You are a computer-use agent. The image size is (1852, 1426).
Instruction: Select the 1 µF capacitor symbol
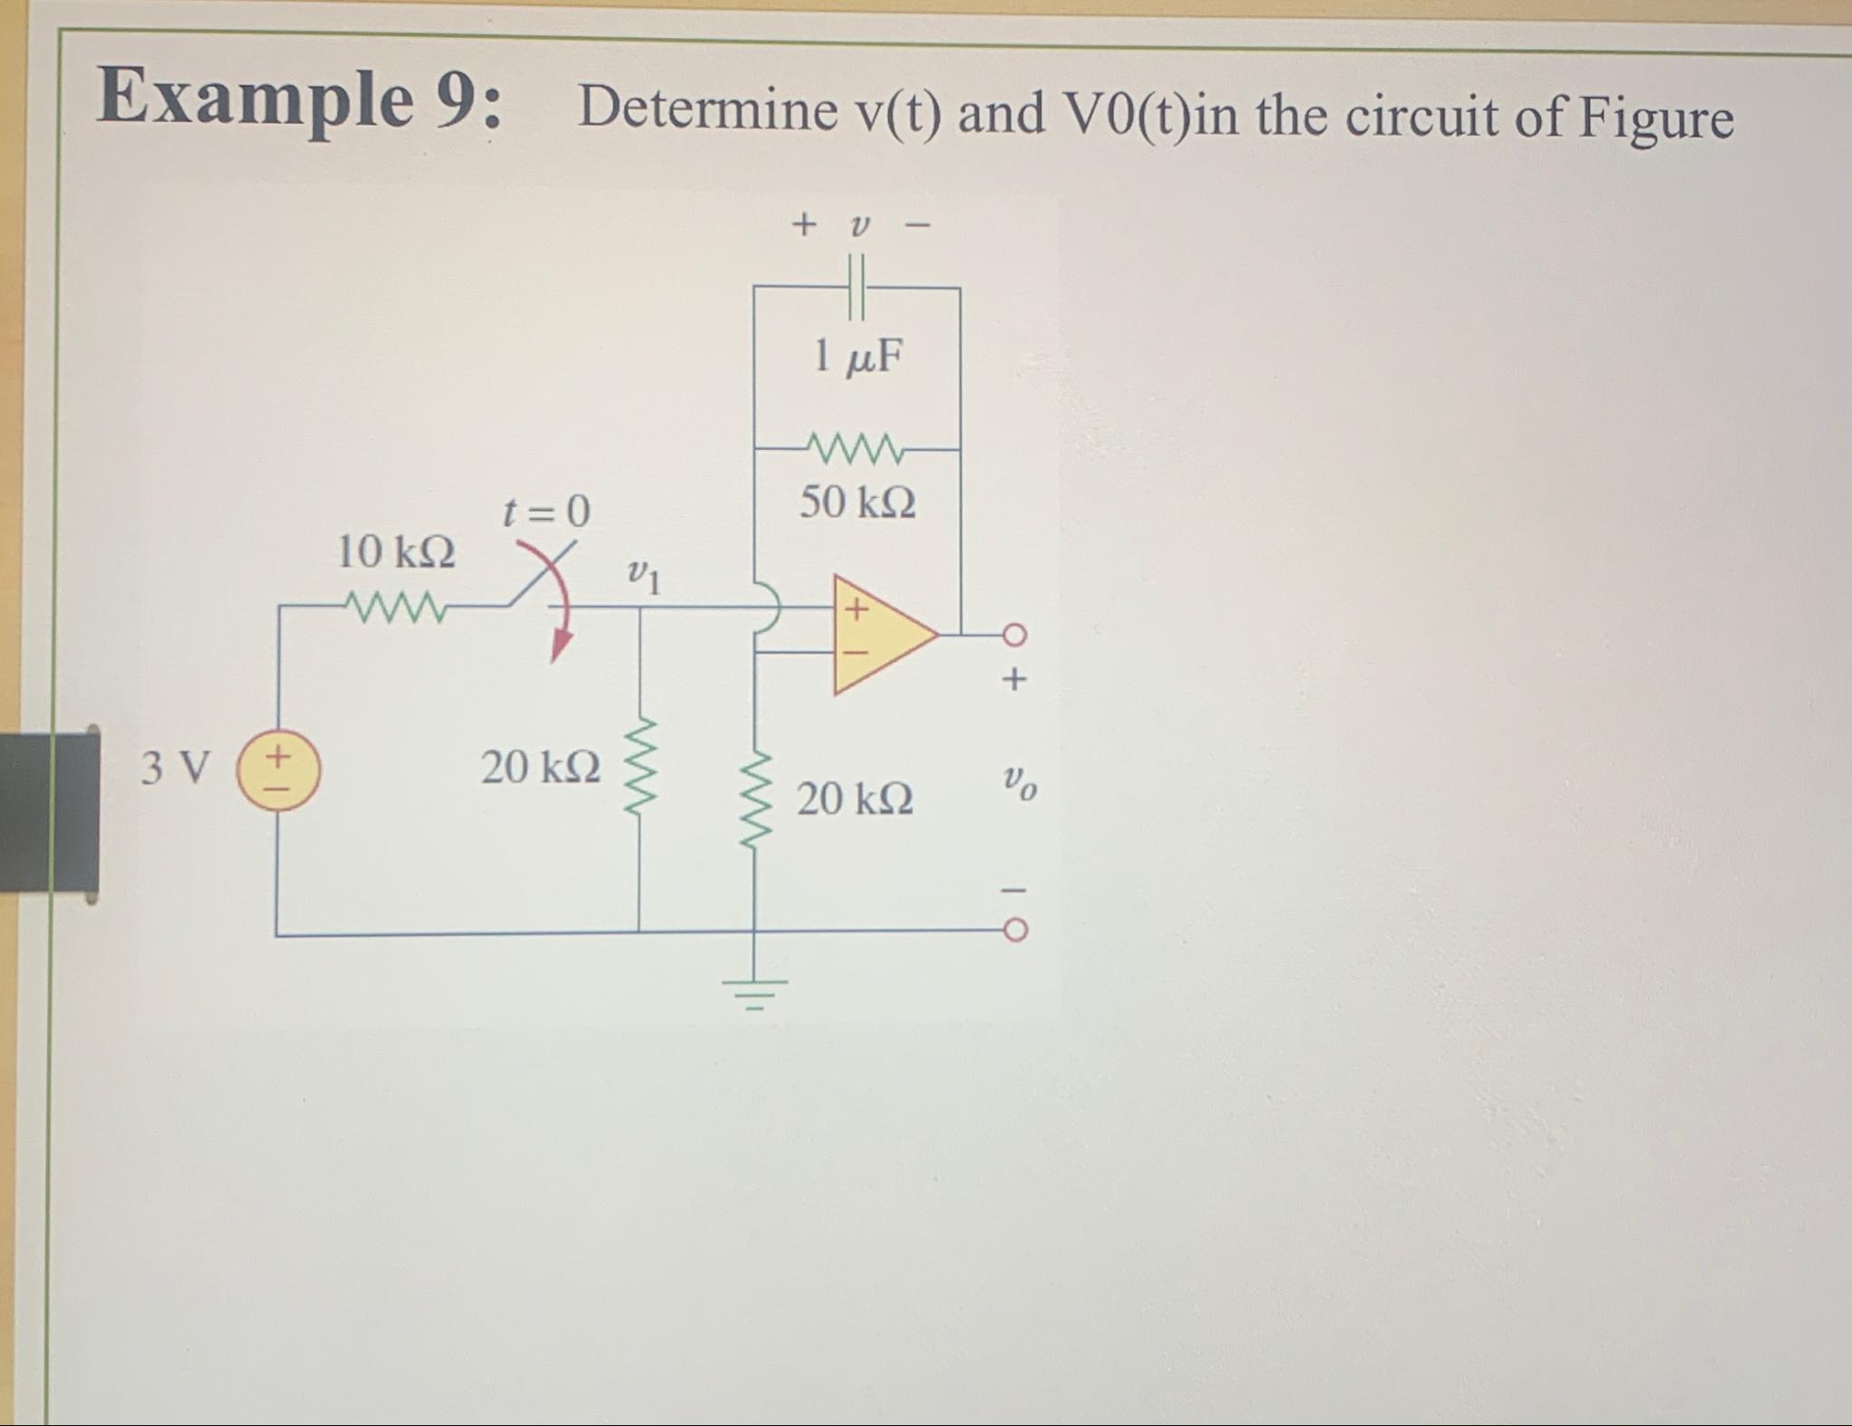click(x=856, y=287)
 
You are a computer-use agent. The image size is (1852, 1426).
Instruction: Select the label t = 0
click(x=546, y=512)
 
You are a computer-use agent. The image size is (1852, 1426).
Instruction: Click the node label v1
click(x=644, y=575)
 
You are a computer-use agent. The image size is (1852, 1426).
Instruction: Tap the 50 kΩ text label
click(x=857, y=502)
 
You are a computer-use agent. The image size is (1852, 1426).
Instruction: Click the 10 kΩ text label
click(x=396, y=551)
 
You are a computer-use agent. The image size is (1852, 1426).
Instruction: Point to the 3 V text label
click(x=175, y=769)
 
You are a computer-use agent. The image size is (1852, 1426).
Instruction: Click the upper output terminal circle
click(x=1015, y=636)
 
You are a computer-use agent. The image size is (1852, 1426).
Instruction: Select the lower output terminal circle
click(x=1015, y=930)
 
